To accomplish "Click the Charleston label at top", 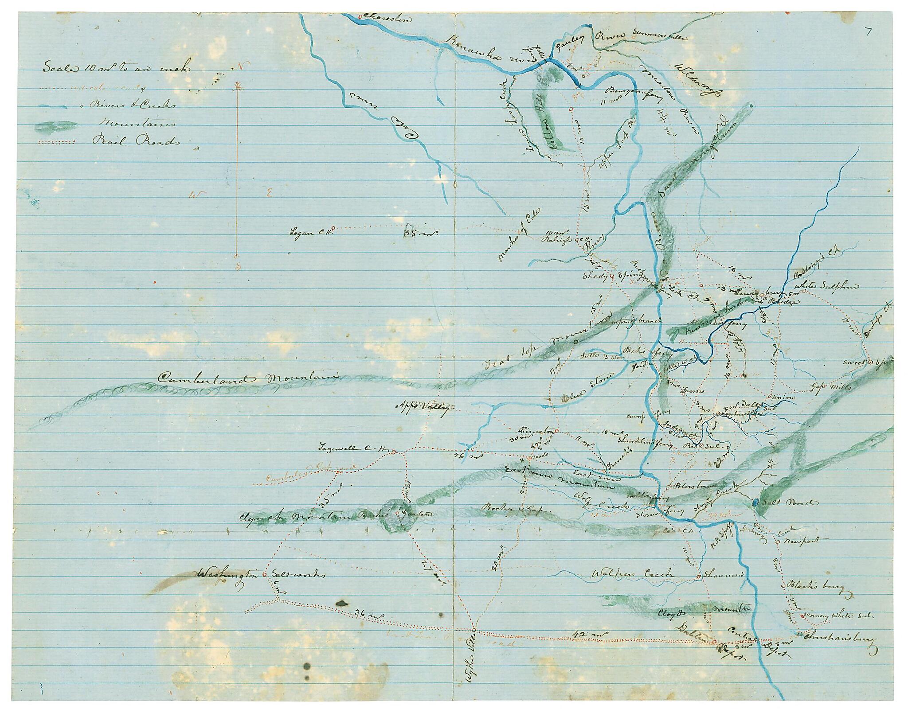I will [x=386, y=19].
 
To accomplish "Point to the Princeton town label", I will [x=536, y=430].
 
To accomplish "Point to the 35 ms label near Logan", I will [x=421, y=231].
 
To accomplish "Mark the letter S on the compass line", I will [x=238, y=266].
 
